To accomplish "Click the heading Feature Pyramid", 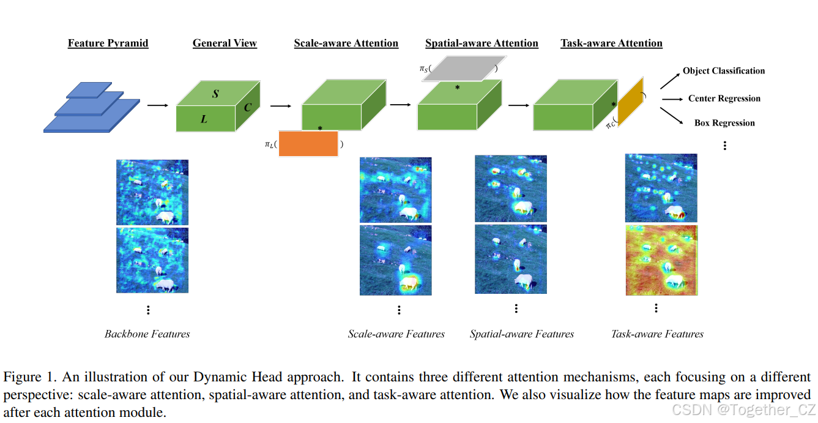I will pyautogui.click(x=108, y=43).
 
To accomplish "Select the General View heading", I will pyautogui.click(x=225, y=43).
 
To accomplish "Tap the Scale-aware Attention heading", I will pyautogui.click(x=346, y=43).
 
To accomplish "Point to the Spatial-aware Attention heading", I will pyautogui.click(x=482, y=43).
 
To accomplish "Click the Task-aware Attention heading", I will pyautogui.click(x=611, y=43).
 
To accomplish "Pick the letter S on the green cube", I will pyautogui.click(x=215, y=94).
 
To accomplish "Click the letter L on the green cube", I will pyautogui.click(x=204, y=119).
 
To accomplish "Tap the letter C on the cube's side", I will pyautogui.click(x=248, y=108).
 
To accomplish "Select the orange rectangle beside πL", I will pyautogui.click(x=308, y=144).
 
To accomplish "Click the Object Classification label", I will pyautogui.click(x=724, y=71).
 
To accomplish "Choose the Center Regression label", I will pyautogui.click(x=724, y=99).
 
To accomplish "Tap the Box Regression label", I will pyautogui.click(x=724, y=123).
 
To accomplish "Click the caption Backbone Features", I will pyautogui.click(x=147, y=334).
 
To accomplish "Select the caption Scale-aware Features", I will pyautogui.click(x=396, y=334).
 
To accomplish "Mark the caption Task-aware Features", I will pyautogui.click(x=657, y=334).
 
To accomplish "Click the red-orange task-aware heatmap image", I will pyautogui.click(x=661, y=260).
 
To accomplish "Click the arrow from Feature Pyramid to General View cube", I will pyautogui.click(x=157, y=106).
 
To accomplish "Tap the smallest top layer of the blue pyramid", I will pyautogui.click(x=89, y=90).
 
